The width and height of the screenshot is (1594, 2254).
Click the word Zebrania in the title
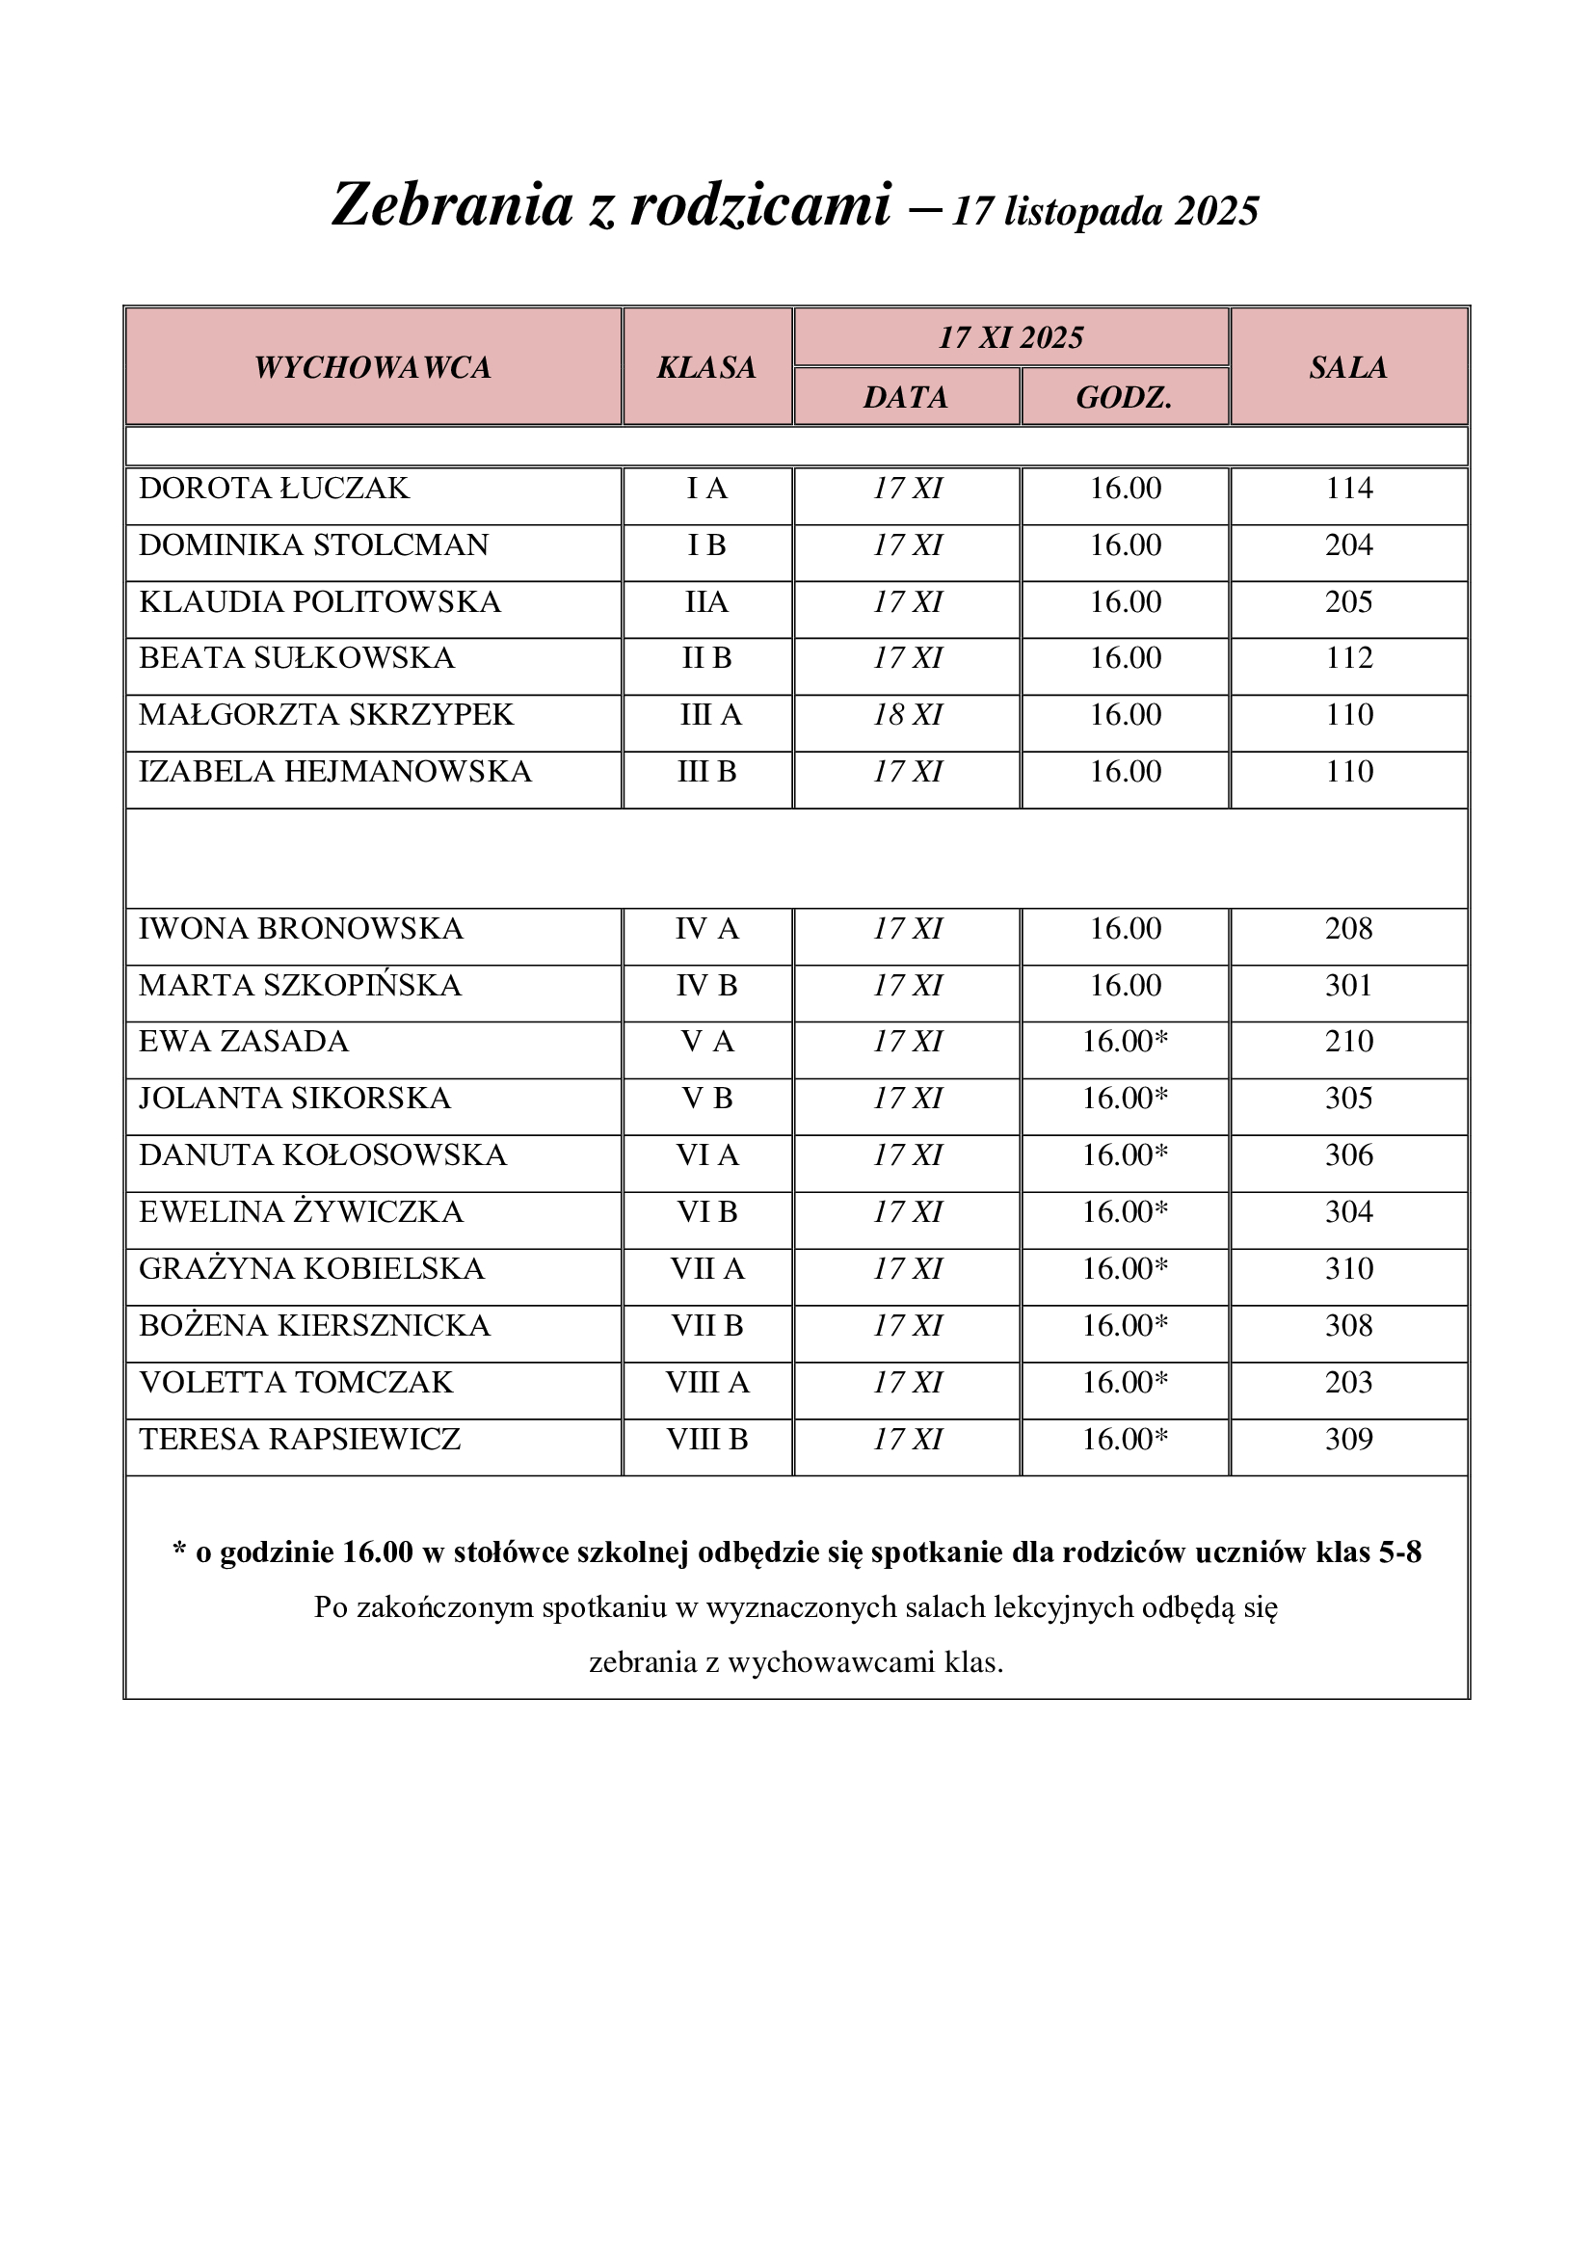[x=451, y=205]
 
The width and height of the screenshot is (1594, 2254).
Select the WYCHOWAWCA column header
[x=373, y=367]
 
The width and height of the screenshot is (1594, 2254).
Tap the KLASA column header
[x=706, y=367]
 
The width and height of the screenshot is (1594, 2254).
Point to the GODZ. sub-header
[x=1125, y=397]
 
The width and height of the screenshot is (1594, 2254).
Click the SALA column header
[x=1348, y=367]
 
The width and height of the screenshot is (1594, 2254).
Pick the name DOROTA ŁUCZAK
[x=274, y=488]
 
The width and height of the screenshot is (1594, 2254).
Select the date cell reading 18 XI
[x=908, y=715]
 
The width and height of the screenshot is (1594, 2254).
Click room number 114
[x=1349, y=488]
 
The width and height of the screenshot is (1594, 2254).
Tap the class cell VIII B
[x=706, y=1439]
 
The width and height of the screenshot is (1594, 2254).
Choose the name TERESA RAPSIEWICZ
[x=300, y=1439]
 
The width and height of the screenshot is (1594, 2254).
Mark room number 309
[x=1349, y=1439]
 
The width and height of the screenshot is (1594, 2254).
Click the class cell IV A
[x=706, y=929]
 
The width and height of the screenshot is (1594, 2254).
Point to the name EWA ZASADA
[x=244, y=1042]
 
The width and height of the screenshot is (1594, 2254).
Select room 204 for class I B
[x=1349, y=544]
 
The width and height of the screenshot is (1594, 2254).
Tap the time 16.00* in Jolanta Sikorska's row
[x=1125, y=1099]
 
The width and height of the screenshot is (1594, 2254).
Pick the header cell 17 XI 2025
[x=1011, y=337]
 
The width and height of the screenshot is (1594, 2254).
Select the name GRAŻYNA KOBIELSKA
[x=312, y=1268]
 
